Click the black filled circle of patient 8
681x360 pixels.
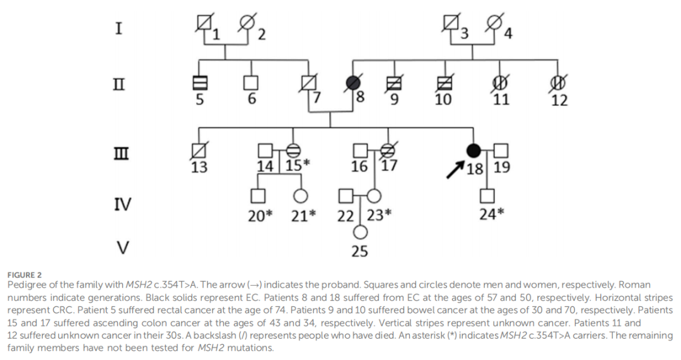point(354,83)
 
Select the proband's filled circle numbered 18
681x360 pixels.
point(473,150)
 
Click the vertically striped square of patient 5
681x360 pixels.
point(199,83)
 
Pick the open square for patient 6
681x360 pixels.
point(251,83)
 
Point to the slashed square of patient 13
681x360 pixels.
point(199,150)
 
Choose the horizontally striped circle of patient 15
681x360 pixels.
point(293,150)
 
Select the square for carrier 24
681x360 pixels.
point(488,195)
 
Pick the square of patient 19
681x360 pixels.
point(501,150)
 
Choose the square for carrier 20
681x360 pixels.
point(257,195)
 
